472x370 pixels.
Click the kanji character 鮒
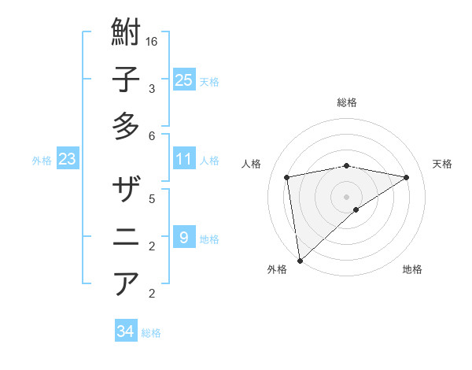click(126, 34)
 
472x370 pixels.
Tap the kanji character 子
click(126, 80)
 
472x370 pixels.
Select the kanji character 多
click(126, 126)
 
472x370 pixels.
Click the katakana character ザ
click(126, 191)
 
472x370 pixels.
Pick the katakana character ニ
click(126, 237)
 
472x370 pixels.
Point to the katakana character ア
click(126, 283)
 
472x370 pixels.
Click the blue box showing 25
click(183, 80)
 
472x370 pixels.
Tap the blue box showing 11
click(183, 159)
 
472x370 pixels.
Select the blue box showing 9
click(183, 237)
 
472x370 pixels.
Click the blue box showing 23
click(67, 159)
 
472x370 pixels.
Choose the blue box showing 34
click(125, 331)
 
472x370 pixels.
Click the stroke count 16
click(152, 41)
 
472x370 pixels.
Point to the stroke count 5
click(152, 198)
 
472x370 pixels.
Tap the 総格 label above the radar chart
click(346, 102)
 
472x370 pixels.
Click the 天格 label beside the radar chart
click(443, 164)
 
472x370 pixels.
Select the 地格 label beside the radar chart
click(412, 269)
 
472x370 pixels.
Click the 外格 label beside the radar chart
click(277, 269)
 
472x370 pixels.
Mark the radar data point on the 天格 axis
click(407, 177)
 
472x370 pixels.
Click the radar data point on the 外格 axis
click(300, 260)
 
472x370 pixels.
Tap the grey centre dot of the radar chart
click(346, 196)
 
